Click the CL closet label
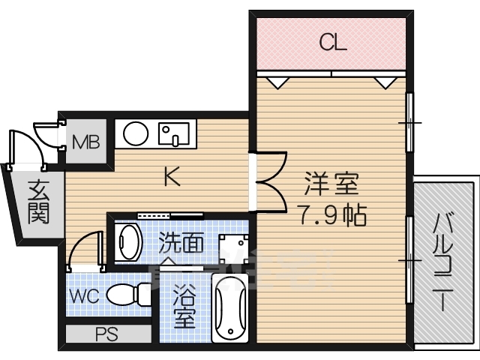333,42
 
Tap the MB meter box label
86,142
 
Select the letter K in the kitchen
172,176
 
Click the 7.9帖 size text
332,215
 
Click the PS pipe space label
106,334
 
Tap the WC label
84,295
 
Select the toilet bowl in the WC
128,295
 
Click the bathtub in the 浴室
230,308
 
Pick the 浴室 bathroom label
184,307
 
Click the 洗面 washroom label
181,242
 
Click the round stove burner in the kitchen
136,133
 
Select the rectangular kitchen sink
173,133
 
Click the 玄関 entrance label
38,202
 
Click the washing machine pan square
233,248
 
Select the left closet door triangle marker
277,82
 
